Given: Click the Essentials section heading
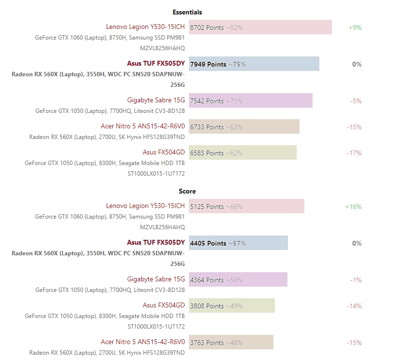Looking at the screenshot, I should click(187, 12).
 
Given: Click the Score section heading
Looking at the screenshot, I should click(187, 191).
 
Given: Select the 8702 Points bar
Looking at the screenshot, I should click(260, 28).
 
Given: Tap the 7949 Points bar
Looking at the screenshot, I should click(254, 64).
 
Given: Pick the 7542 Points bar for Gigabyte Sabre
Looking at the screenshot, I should click(250, 101).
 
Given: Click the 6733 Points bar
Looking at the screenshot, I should click(244, 127).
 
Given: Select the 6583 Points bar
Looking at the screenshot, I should click(243, 153).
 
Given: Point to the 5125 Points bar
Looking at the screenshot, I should click(246, 207).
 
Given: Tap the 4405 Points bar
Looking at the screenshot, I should click(238, 243).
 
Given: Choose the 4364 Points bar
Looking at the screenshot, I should click(238, 280).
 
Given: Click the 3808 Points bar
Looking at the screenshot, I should click(231, 306).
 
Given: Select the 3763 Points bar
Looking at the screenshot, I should click(231, 343).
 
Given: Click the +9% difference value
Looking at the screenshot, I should click(355, 28).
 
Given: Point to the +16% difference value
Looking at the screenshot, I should click(353, 207).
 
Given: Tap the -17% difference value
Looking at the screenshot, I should click(354, 153).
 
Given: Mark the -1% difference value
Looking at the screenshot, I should click(356, 280).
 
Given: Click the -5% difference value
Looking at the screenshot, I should click(356, 101).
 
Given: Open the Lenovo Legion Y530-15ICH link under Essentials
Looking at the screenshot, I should click(145, 27).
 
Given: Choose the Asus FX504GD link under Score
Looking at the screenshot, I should click(164, 305).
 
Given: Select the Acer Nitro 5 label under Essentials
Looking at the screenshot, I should click(143, 126).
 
